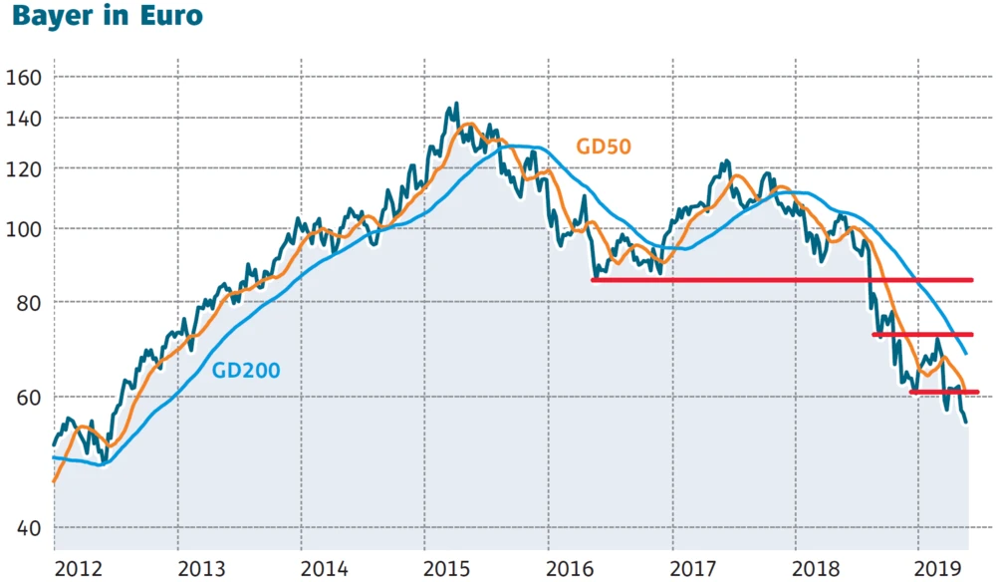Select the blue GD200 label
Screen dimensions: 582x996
tap(246, 370)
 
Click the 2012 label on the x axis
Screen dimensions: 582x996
tap(79, 569)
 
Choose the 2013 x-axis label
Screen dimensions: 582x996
tap(202, 569)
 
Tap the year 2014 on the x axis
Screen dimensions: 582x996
tap(326, 569)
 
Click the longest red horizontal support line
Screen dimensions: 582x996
tap(782, 280)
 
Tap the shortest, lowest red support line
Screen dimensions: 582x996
tap(944, 393)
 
